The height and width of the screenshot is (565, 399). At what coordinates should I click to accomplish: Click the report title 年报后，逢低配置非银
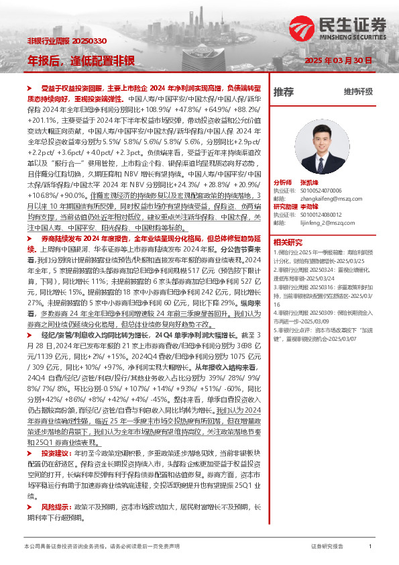pyautogui.click(x=81, y=60)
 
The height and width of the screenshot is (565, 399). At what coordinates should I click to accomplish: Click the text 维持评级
pyautogui.click(x=358, y=92)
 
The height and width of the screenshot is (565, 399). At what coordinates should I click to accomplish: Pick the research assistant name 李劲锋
pyautogui.click(x=309, y=207)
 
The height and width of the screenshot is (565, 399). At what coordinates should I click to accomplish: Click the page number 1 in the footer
pyautogui.click(x=370, y=547)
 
